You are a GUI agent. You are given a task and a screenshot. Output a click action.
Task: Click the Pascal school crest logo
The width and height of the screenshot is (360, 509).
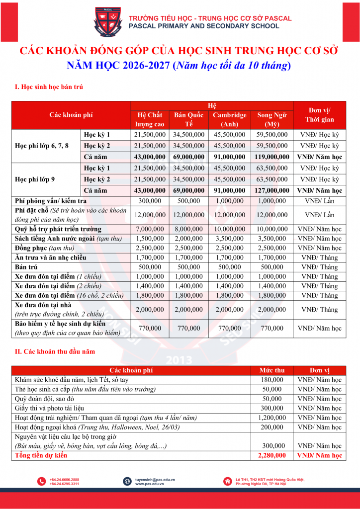107,23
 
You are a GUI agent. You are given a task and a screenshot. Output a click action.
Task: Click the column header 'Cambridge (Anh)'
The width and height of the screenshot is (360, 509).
229,119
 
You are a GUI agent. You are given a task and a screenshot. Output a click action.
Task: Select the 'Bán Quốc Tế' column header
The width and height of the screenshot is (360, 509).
189,119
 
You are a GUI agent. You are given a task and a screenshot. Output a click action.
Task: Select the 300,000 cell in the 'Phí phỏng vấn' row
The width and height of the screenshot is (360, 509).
150,201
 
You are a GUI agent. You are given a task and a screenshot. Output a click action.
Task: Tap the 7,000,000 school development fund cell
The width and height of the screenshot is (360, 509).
150,229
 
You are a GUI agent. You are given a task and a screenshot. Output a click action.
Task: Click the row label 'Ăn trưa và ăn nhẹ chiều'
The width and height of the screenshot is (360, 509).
51,257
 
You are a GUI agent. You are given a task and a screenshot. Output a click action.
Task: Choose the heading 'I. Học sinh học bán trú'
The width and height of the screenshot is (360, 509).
49,87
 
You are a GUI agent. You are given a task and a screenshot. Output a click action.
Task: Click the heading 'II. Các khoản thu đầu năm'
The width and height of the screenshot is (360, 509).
55,351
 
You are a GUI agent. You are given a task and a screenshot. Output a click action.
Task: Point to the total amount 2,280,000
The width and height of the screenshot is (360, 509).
272,455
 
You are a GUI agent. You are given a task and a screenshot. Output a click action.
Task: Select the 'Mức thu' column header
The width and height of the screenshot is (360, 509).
272,370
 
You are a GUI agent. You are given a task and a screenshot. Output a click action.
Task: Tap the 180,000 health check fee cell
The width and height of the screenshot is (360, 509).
272,380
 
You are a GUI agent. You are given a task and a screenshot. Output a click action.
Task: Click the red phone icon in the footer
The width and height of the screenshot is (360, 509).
42,481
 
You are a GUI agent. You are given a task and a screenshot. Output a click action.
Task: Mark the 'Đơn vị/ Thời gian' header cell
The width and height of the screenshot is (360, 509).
319,115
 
